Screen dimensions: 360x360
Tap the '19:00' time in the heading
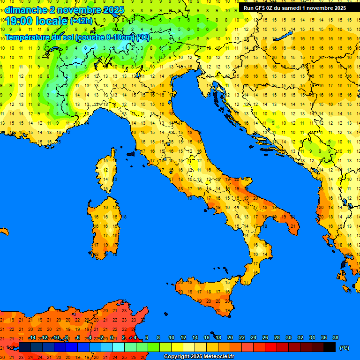pos(18,21)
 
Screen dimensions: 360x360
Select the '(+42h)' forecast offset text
pos(82,21)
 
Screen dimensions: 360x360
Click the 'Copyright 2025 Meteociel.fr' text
pos(199,357)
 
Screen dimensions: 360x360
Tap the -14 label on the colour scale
pos(32,337)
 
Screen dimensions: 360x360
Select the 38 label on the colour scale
pos(335,337)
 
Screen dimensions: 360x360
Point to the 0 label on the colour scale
pos(112,337)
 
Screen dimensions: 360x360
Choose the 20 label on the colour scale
pos(230,337)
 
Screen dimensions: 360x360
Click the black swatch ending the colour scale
pos(330,347)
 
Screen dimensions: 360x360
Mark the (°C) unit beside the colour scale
pos(344,348)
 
